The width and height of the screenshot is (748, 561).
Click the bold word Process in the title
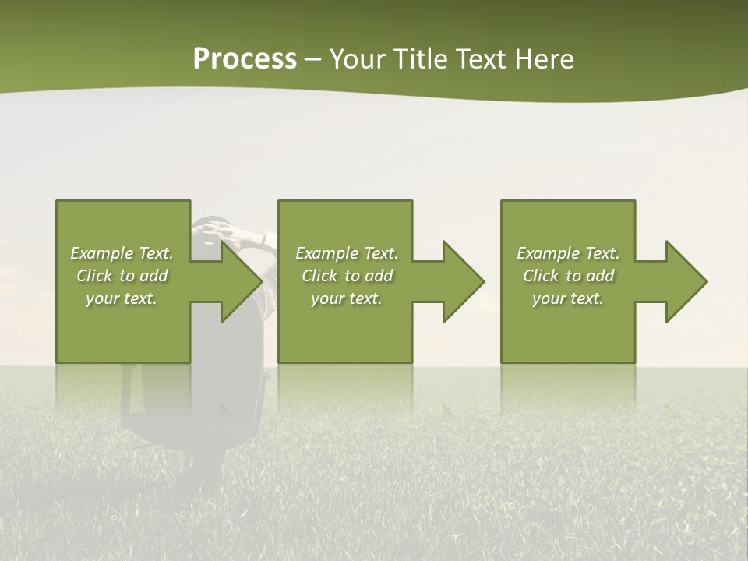[x=245, y=59]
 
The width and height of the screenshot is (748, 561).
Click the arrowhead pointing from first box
[x=238, y=281]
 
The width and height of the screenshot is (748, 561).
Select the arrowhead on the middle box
[x=460, y=281]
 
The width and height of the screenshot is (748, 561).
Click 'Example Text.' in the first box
[x=122, y=253]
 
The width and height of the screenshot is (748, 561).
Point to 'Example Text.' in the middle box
[x=347, y=253]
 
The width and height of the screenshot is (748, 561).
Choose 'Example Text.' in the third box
[x=568, y=253]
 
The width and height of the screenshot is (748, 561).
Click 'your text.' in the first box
[x=122, y=298]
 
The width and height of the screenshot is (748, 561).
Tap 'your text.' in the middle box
[x=347, y=298]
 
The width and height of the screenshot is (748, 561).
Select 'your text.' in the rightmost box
[x=568, y=298]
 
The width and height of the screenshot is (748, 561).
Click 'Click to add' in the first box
[x=122, y=276]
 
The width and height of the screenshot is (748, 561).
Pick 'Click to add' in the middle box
[x=347, y=276]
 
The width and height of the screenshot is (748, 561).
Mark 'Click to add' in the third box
[x=568, y=276]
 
